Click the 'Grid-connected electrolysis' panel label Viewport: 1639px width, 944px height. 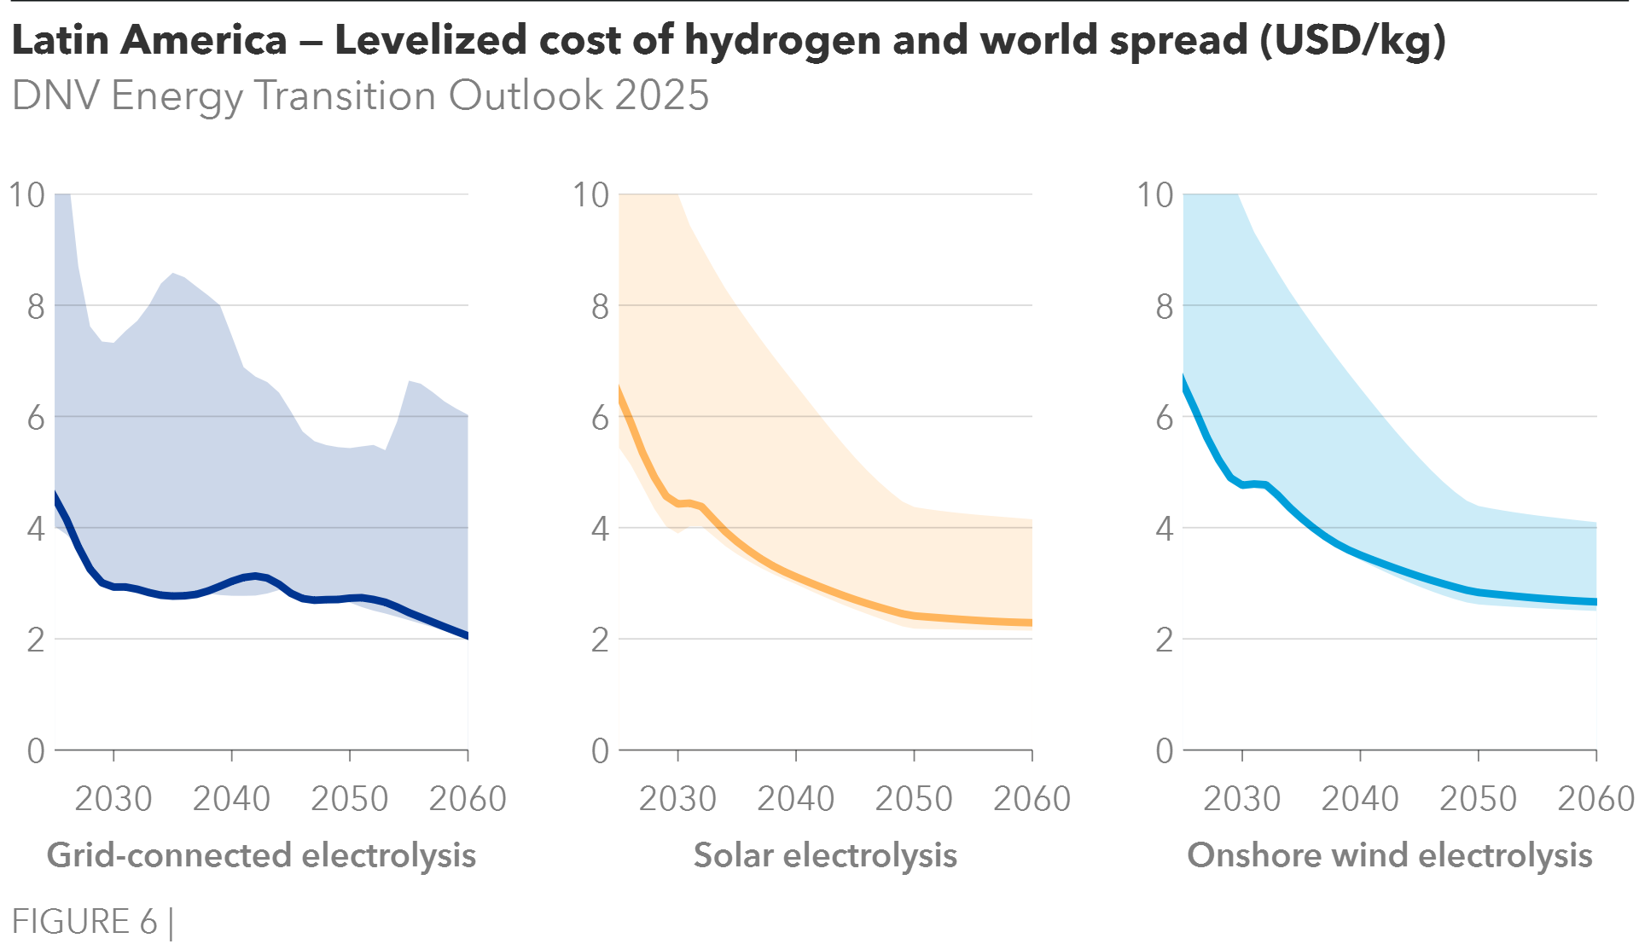point(261,855)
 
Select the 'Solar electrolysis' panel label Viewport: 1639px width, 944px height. point(825,855)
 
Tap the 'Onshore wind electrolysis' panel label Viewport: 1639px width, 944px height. point(1390,855)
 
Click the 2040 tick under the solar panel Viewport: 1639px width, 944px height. point(796,799)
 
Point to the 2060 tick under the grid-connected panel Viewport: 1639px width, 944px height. point(468,799)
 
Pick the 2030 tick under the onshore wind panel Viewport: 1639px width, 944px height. point(1242,799)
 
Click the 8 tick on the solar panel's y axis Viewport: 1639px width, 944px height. point(600,306)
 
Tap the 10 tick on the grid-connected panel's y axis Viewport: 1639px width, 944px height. point(26,195)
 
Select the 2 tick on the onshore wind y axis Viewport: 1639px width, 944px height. point(1165,640)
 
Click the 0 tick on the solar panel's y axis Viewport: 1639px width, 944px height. point(600,751)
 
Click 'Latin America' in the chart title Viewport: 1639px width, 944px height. point(149,41)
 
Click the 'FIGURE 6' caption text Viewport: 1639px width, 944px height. point(85,922)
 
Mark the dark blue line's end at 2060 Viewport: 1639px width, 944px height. point(467,636)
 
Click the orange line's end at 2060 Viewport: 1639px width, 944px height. point(1031,623)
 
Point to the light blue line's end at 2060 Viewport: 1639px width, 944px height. point(1595,602)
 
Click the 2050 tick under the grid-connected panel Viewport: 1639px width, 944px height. point(350,799)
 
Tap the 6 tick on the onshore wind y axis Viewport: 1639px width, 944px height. point(1165,418)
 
